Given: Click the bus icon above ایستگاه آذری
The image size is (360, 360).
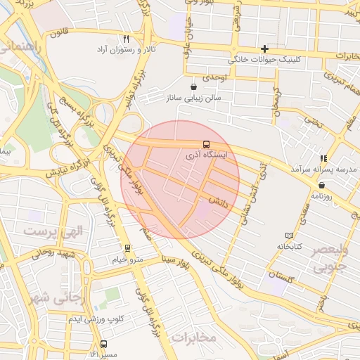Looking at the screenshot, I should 205,143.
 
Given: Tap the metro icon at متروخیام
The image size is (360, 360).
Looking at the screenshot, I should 127,248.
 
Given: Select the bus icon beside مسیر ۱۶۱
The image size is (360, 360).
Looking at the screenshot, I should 104,345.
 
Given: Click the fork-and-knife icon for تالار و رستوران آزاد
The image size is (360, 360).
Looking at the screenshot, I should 127,40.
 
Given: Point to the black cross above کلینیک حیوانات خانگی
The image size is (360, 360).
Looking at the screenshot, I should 264,49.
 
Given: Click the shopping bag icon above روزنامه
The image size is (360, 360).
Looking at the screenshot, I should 321,185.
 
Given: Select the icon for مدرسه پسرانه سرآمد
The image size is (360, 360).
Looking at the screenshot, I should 323,158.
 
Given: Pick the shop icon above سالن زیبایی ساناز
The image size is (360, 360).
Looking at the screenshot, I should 193,86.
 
